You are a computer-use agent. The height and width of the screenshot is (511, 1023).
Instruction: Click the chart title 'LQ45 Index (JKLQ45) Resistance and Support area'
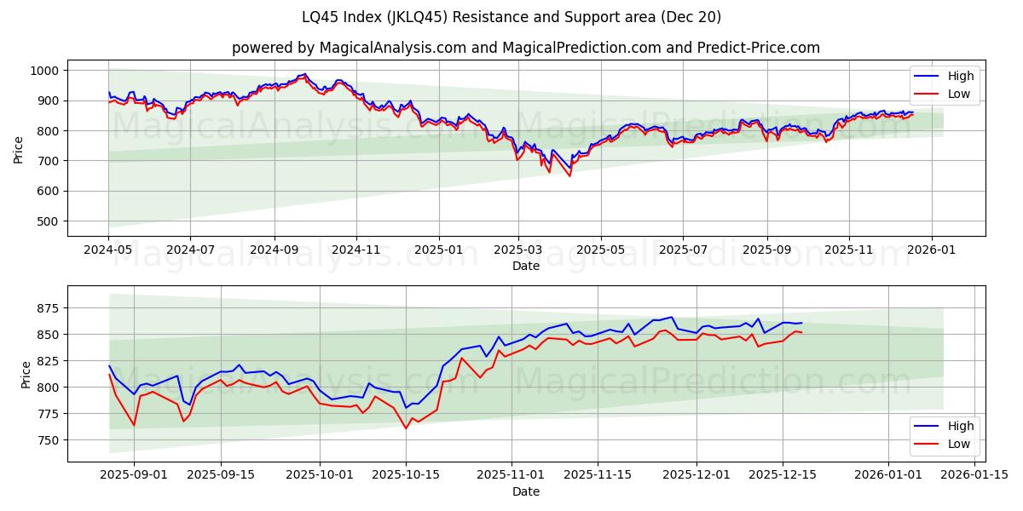click(x=511, y=17)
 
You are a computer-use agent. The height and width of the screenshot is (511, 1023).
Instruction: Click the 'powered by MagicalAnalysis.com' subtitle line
click(x=526, y=48)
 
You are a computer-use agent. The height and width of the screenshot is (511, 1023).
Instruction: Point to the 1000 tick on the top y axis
click(x=43, y=71)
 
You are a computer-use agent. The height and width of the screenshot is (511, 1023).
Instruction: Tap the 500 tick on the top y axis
click(x=47, y=221)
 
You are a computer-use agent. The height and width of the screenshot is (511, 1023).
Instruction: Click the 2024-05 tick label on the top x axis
click(x=108, y=250)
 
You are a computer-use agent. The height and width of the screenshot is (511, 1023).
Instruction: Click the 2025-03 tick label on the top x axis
click(x=518, y=250)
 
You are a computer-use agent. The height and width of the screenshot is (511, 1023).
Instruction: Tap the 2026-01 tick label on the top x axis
click(x=931, y=250)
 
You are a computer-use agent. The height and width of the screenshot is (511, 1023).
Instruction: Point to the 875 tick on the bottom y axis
click(x=47, y=307)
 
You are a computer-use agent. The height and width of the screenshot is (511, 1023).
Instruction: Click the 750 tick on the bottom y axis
click(x=47, y=440)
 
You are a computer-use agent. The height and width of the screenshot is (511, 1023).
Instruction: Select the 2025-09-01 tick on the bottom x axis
click(x=134, y=475)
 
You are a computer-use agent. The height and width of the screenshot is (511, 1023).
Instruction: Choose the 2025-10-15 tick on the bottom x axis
click(x=405, y=475)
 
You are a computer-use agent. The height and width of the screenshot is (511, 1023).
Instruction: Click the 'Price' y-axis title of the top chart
click(x=19, y=150)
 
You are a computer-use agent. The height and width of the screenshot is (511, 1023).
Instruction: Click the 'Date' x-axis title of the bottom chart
click(x=526, y=491)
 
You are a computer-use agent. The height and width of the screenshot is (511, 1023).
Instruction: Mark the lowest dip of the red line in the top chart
click(x=569, y=176)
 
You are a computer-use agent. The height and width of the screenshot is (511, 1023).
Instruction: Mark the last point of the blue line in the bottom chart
click(x=801, y=323)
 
